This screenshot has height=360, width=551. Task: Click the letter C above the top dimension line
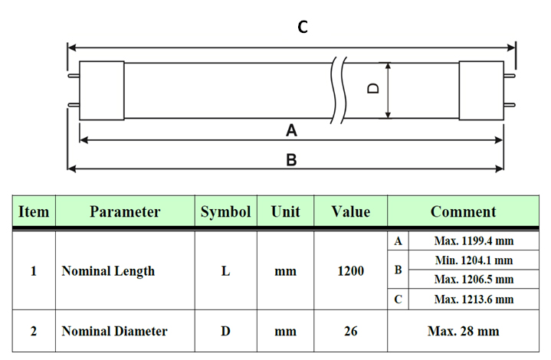(x=303, y=27)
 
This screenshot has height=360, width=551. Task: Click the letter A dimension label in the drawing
(x=291, y=130)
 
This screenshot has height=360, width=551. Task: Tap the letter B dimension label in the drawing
(x=291, y=160)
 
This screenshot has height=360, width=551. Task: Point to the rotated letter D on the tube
(x=373, y=88)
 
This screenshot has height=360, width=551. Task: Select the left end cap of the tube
(x=102, y=90)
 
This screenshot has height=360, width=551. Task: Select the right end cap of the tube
(x=481, y=90)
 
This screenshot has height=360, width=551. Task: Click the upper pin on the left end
(x=74, y=76)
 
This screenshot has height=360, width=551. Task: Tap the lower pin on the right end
(x=510, y=105)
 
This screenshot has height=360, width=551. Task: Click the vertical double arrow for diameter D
(x=388, y=90)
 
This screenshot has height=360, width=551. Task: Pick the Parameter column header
(x=125, y=211)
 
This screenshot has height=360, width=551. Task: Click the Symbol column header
(x=225, y=211)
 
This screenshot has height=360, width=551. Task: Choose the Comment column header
(x=463, y=211)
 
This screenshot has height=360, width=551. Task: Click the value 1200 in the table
(x=351, y=271)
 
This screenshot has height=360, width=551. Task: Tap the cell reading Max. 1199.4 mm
(x=474, y=241)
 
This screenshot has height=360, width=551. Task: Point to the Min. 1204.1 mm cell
(x=474, y=260)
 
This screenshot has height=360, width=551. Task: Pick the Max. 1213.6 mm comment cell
(x=474, y=299)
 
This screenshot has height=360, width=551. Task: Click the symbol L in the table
(x=225, y=271)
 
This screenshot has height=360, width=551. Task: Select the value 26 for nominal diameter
(x=351, y=331)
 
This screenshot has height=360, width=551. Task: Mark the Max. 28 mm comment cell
(x=463, y=331)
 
